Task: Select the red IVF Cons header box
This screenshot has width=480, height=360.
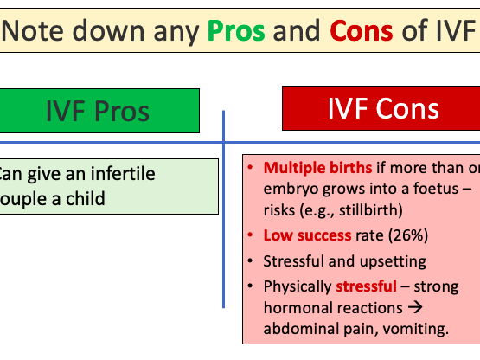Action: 381,108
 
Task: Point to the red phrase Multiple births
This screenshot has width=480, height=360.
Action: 318,167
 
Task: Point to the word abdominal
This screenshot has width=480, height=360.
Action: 297,329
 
